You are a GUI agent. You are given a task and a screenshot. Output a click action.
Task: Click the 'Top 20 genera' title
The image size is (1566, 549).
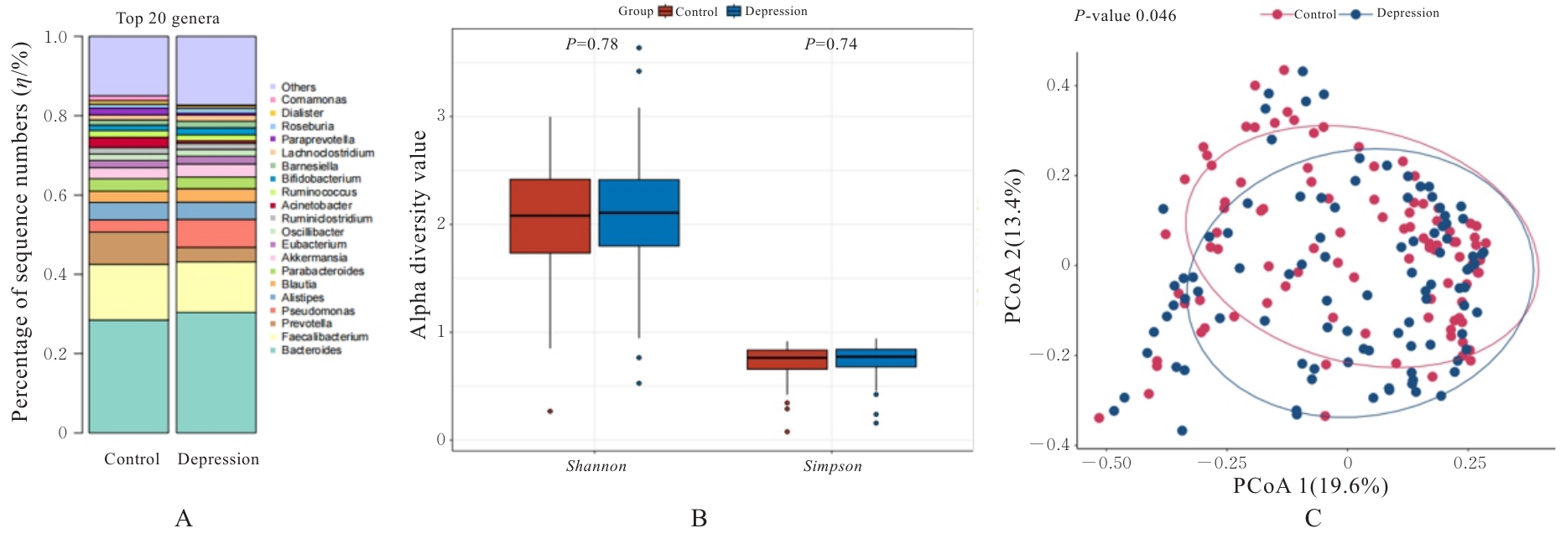pos(168,18)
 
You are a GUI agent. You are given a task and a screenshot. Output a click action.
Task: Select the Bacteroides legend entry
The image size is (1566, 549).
pos(311,350)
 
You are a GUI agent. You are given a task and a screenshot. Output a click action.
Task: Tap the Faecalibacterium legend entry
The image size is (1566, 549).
pos(325,337)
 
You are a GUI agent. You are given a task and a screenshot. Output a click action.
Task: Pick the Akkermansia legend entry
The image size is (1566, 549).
pos(314,257)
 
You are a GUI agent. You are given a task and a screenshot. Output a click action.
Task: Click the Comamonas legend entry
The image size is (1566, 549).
pos(314,100)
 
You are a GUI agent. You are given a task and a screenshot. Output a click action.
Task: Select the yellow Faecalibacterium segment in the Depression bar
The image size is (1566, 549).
pos(216,287)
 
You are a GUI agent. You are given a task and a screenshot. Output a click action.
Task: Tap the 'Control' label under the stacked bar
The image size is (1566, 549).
pos(132,459)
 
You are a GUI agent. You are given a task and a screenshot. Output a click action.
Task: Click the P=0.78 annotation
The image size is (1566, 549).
pos(591,44)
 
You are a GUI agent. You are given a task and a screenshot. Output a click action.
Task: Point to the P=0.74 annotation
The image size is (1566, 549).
pos(830,44)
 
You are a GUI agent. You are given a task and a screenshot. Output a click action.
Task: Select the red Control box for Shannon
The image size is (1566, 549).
pos(549,215)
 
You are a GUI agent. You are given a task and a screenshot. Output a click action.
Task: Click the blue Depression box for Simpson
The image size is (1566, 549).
pos(876,358)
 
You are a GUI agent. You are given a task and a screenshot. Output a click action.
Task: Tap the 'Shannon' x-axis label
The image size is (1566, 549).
pos(596,466)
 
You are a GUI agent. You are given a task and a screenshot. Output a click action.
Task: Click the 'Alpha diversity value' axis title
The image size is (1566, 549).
pos(419,235)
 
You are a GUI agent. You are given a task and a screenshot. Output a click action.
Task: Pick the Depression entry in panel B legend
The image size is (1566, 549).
pos(767,12)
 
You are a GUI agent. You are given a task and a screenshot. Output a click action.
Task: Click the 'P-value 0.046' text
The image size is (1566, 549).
pos(1125,16)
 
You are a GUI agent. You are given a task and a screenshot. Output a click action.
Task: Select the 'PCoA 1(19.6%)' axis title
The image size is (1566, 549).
pos(1310,486)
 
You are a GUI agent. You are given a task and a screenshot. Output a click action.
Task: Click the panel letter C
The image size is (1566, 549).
pos(1313,519)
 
